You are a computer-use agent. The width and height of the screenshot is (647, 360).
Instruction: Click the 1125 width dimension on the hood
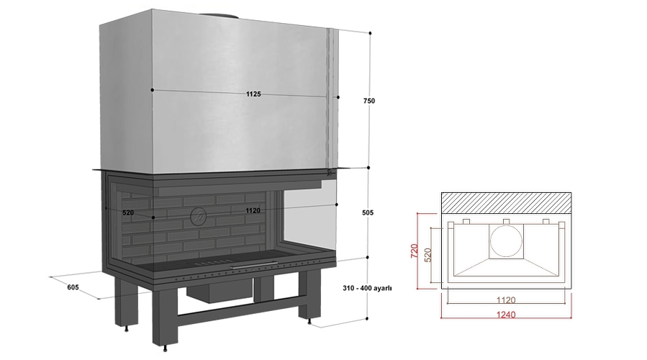point(253,94)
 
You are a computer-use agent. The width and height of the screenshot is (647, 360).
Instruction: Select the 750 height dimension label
point(369,102)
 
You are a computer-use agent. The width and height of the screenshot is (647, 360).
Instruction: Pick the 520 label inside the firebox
point(129,213)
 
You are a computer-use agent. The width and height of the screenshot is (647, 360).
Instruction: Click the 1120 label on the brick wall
point(253,210)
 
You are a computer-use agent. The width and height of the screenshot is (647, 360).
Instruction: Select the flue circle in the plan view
point(507,241)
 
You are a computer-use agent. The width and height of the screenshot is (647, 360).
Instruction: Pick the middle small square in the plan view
point(507,220)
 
